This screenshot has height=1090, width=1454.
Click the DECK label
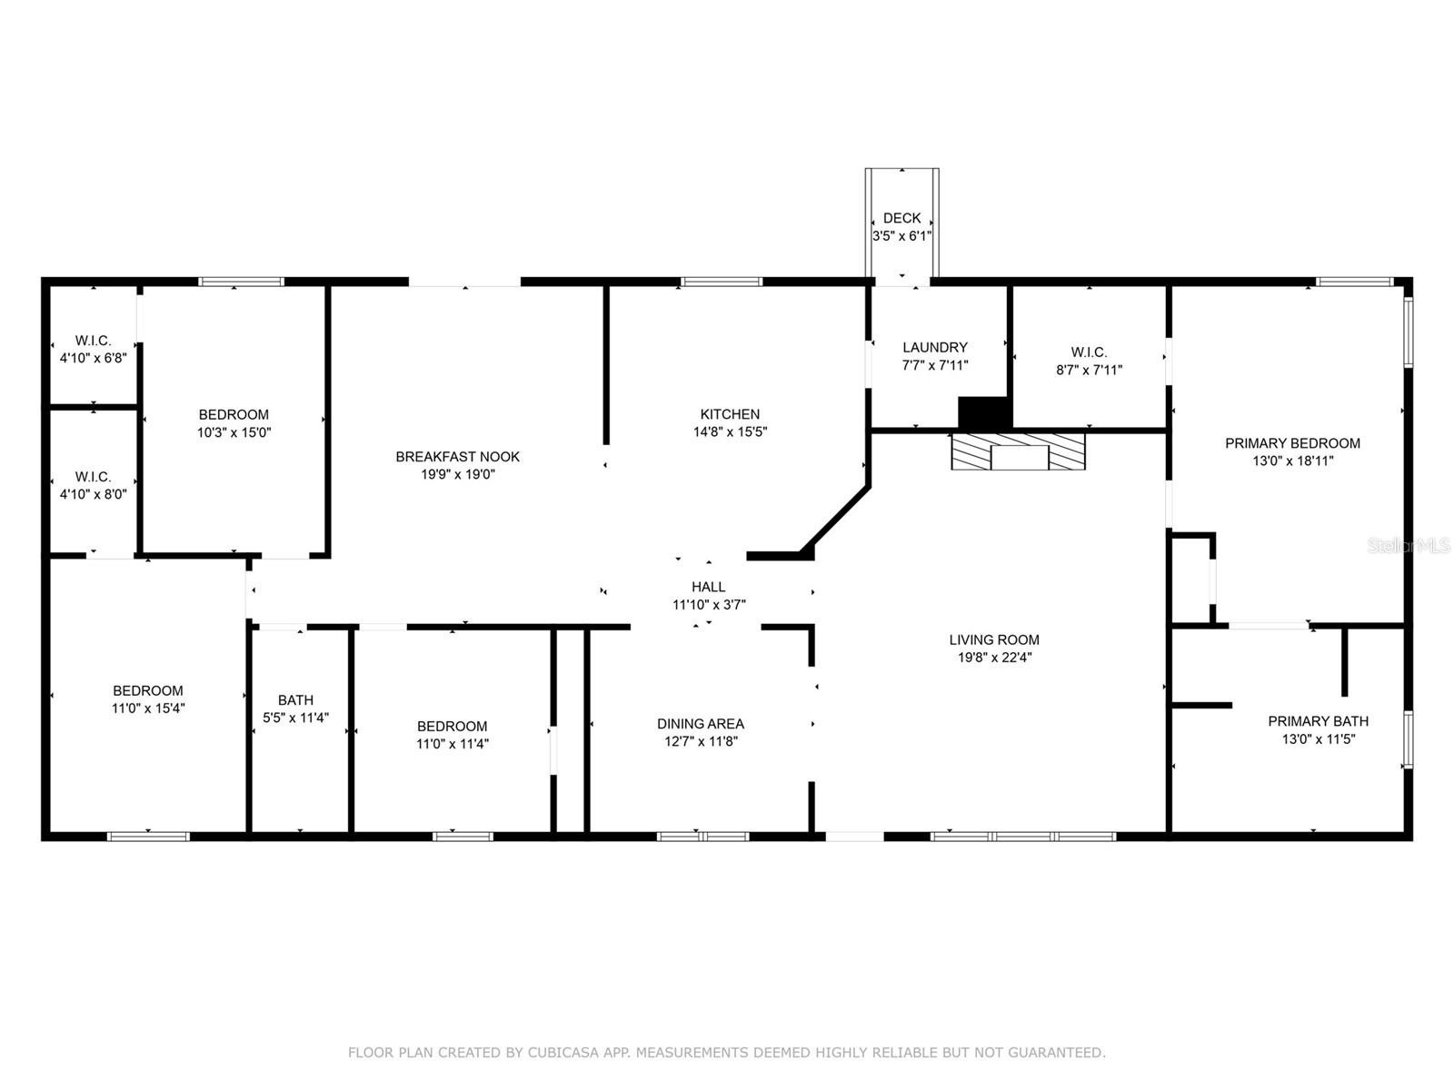coord(901,218)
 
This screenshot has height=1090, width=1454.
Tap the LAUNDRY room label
coord(934,347)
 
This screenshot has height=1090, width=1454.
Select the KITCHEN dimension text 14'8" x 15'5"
coord(730,432)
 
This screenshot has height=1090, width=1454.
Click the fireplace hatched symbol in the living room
coord(1018,451)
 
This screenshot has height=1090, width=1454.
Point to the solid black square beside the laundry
coord(984,412)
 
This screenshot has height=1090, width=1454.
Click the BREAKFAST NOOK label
coord(457,457)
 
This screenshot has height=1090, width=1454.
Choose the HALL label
coord(708,587)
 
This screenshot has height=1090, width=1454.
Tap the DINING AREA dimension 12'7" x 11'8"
coord(700,741)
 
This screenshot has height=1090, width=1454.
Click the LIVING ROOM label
coord(994,639)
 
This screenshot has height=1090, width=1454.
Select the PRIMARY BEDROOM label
coord(1291,443)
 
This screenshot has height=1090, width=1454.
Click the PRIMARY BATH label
coord(1318,721)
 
